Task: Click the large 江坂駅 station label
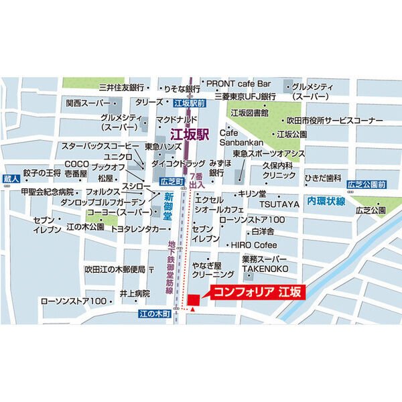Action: point(190,133)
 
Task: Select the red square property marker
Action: point(194,299)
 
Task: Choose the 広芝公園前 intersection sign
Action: point(366,184)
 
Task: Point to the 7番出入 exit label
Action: point(197,180)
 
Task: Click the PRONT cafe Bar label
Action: point(238,84)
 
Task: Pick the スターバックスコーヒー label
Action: point(100,145)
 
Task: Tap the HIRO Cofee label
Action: point(254,245)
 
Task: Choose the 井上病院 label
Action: point(135,293)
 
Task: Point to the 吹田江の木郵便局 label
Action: point(115,269)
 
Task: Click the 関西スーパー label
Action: point(87,103)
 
